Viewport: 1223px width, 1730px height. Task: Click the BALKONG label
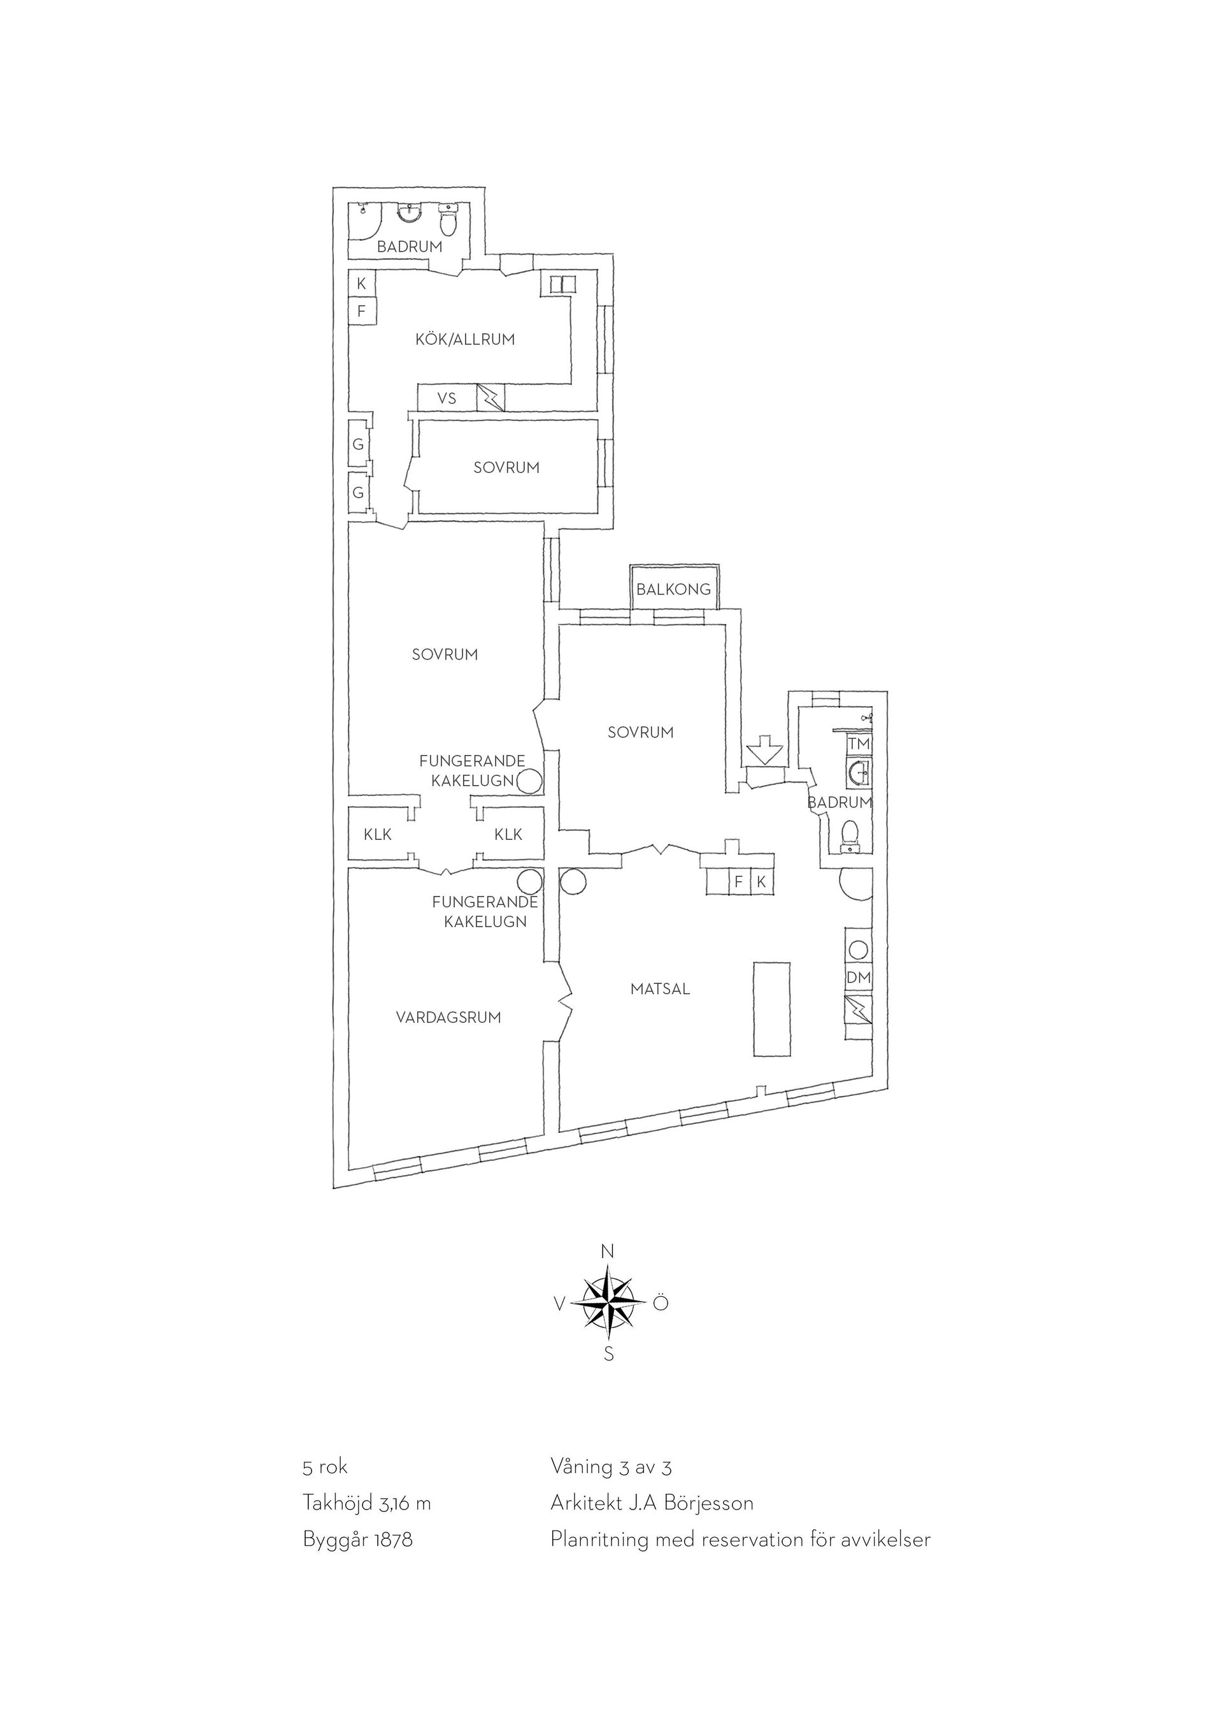(673, 589)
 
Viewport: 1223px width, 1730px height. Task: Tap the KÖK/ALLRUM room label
(466, 340)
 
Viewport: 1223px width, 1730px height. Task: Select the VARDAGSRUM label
(449, 1017)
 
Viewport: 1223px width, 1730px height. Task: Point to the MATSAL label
(661, 988)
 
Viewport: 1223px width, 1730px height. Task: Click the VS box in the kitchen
(447, 398)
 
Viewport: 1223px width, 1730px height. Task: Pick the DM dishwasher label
(859, 977)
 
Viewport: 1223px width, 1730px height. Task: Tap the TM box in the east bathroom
(859, 744)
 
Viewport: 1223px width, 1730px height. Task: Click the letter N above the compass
(608, 1251)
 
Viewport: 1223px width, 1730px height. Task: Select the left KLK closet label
(378, 834)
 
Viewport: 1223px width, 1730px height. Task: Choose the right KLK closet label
(508, 834)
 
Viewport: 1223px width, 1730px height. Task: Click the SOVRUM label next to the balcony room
(641, 732)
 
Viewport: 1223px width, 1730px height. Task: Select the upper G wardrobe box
(359, 445)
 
